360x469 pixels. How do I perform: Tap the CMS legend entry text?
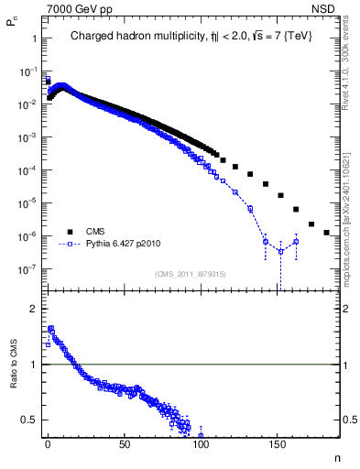(95, 232)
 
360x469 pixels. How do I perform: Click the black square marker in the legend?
(69, 232)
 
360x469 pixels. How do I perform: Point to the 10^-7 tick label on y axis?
(27, 269)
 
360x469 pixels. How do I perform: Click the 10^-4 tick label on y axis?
(27, 170)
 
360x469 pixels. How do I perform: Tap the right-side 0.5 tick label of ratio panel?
(350, 420)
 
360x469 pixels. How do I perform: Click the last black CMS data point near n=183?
(327, 233)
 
